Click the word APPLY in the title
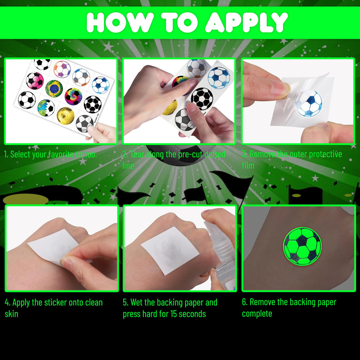coord(246,22)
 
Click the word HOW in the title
coord(120,22)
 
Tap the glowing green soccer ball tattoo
coord(302,246)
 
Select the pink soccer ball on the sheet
coord(35,81)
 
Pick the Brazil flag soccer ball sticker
coord(54,89)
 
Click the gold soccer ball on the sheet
coord(66,116)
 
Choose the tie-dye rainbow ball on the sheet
coord(73,96)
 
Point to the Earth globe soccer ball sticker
coord(46,108)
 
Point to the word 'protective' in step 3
coord(325,154)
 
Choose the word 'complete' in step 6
coord(257,314)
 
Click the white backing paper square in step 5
coord(170,251)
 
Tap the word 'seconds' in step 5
coord(192,314)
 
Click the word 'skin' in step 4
coord(11,314)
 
